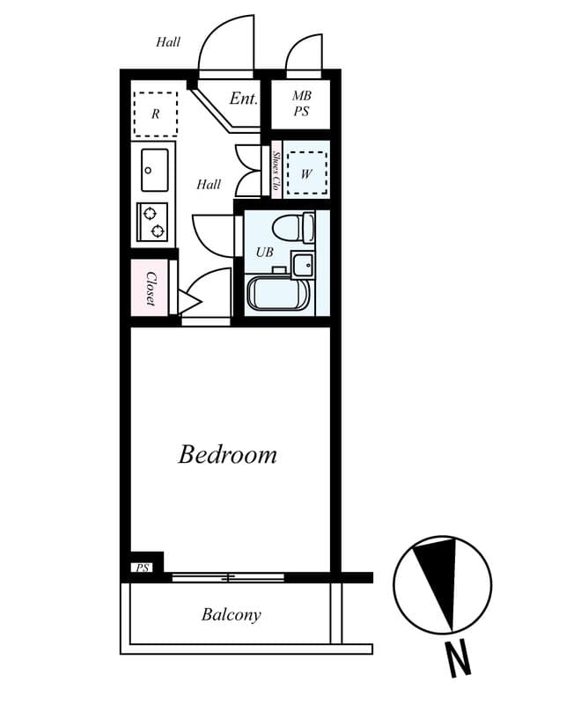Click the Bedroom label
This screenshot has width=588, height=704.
pos(227,455)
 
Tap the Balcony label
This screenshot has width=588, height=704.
pos(231,614)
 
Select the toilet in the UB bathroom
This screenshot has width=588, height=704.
pos(292,228)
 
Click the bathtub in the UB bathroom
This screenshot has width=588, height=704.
pos(277,293)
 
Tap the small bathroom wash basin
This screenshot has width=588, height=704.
pos(303,263)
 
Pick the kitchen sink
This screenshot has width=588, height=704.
pos(155,169)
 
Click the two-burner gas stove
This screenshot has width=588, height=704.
pos(152,221)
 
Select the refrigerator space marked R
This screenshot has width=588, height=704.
pos(155,114)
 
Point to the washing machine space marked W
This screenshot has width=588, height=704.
pos(306,173)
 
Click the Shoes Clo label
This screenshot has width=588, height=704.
pos(276,172)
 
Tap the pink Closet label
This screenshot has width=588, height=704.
pos(151,289)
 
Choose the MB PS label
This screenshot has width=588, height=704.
pos(301,104)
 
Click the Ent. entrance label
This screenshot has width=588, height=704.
pos(243,99)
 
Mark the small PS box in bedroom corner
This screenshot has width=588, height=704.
pos(142,568)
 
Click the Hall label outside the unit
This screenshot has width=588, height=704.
pos(168,41)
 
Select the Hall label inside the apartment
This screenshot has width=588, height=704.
pos(209,185)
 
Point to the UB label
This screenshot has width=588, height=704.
pos(264,252)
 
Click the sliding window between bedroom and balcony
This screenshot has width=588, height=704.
pos(228,577)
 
